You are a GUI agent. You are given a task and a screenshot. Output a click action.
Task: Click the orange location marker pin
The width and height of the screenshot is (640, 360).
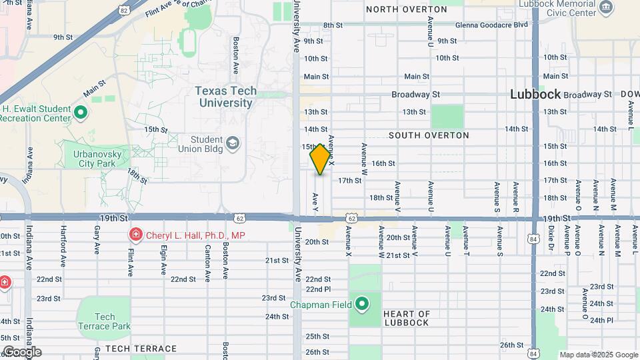point(320,159)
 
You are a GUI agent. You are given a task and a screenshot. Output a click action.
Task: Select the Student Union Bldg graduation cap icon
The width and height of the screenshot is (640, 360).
point(233,143)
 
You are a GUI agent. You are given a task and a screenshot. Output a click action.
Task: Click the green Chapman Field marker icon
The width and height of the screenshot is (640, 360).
point(362,305)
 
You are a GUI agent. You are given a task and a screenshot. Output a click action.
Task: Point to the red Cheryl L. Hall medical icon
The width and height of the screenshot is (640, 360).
point(135,235)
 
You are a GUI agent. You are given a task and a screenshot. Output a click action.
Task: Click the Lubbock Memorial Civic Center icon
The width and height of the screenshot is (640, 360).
point(606,7)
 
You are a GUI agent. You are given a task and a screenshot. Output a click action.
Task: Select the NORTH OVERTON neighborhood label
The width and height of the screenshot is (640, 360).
point(407,9)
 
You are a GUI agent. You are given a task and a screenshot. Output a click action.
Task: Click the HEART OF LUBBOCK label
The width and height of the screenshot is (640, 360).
point(407,318)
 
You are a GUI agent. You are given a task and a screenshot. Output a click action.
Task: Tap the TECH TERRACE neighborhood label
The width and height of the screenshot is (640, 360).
point(141,349)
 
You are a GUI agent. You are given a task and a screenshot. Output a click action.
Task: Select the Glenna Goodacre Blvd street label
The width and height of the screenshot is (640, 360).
point(491,25)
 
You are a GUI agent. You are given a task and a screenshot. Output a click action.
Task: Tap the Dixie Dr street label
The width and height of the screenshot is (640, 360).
point(551,240)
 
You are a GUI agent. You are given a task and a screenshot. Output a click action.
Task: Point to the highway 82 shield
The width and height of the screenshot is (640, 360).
point(124,10)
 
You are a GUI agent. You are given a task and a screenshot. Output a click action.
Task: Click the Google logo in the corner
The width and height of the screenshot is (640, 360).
point(21,351)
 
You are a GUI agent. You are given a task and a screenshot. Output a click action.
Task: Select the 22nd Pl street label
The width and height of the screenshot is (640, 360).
point(318,289)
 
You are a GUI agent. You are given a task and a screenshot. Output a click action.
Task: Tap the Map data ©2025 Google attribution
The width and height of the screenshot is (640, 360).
point(599,355)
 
